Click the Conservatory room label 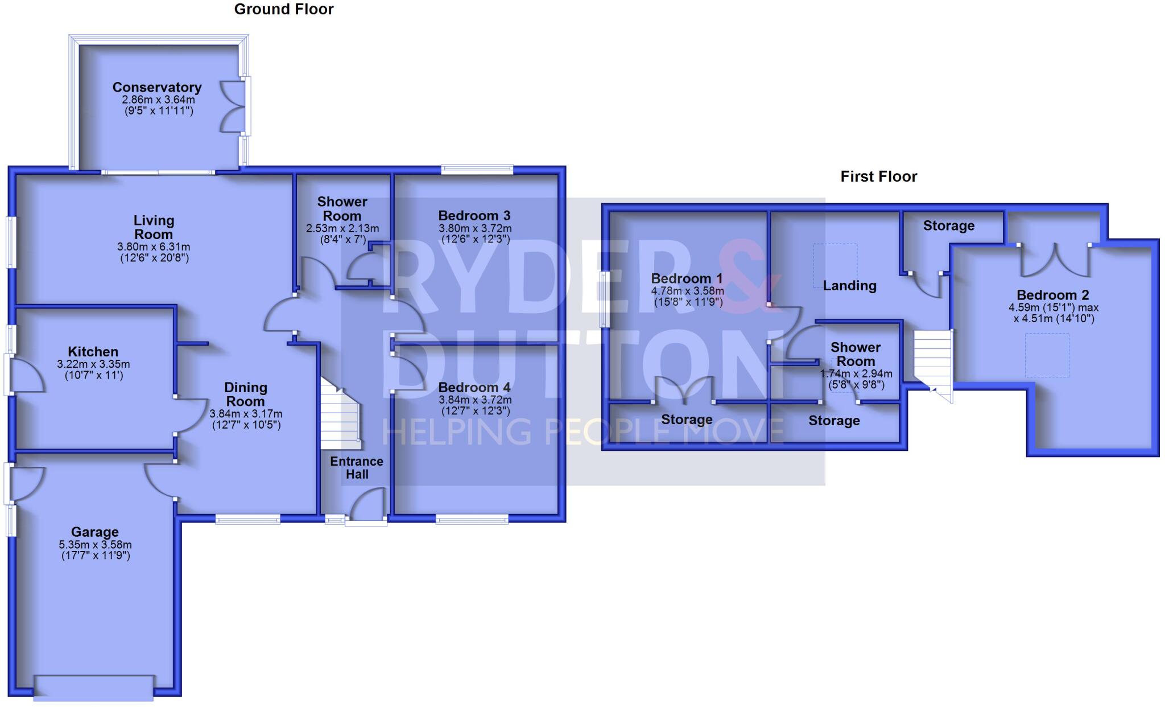coord(157,87)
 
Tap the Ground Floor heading coord(284,9)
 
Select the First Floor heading coord(878,176)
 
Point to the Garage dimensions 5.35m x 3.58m coord(96,545)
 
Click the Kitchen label coord(93,352)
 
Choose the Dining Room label coord(246,394)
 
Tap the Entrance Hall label coord(357,468)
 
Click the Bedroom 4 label coord(474,388)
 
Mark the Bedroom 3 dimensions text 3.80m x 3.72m coord(475,229)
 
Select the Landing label coord(849,286)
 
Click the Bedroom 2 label coord(1052,295)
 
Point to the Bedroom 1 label coord(687,278)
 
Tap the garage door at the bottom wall coord(94,687)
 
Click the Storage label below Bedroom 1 coord(687,420)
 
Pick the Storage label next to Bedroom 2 coord(948,225)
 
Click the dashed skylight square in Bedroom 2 coord(1047,355)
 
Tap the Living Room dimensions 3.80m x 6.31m coord(154,247)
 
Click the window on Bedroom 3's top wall coord(477,169)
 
